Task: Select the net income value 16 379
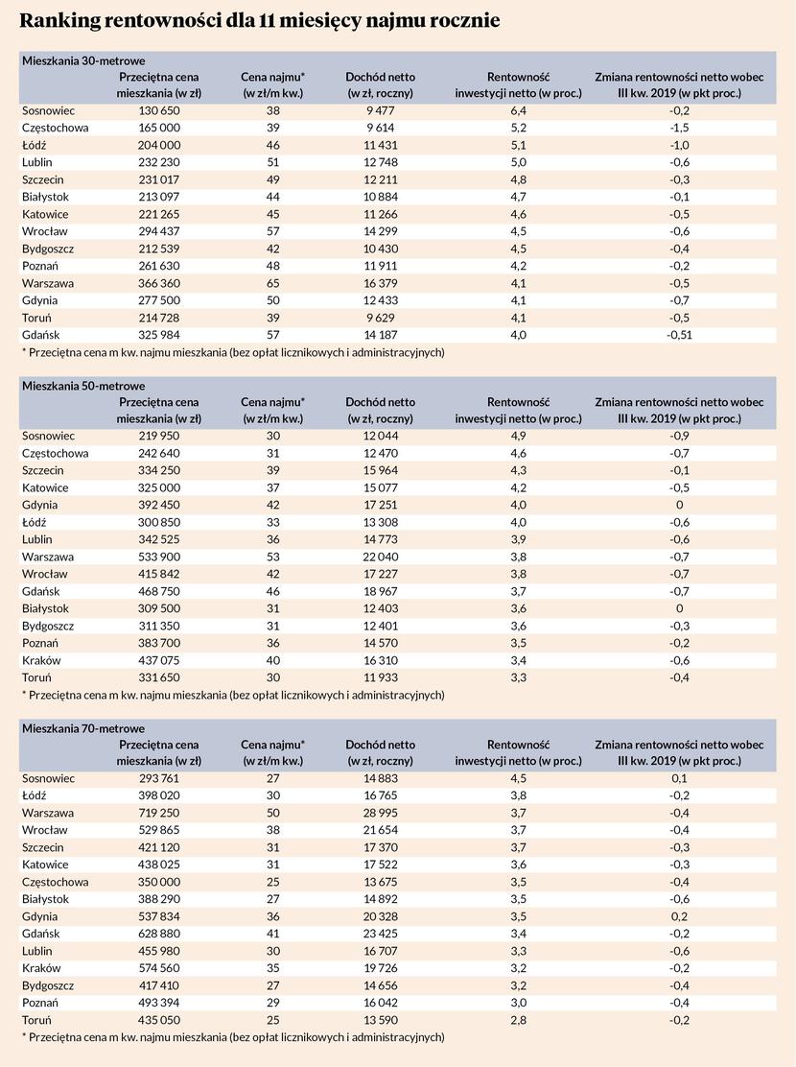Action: click(380, 283)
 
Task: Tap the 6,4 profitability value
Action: click(518, 110)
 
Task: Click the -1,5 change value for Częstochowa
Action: click(679, 128)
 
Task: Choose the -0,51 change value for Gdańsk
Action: click(679, 335)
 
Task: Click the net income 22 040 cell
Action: click(380, 556)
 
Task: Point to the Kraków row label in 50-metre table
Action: click(41, 661)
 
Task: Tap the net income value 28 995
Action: click(380, 813)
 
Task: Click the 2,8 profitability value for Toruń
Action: click(518, 1020)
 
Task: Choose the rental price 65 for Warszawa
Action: click(272, 283)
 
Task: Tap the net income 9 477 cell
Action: click(380, 110)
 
